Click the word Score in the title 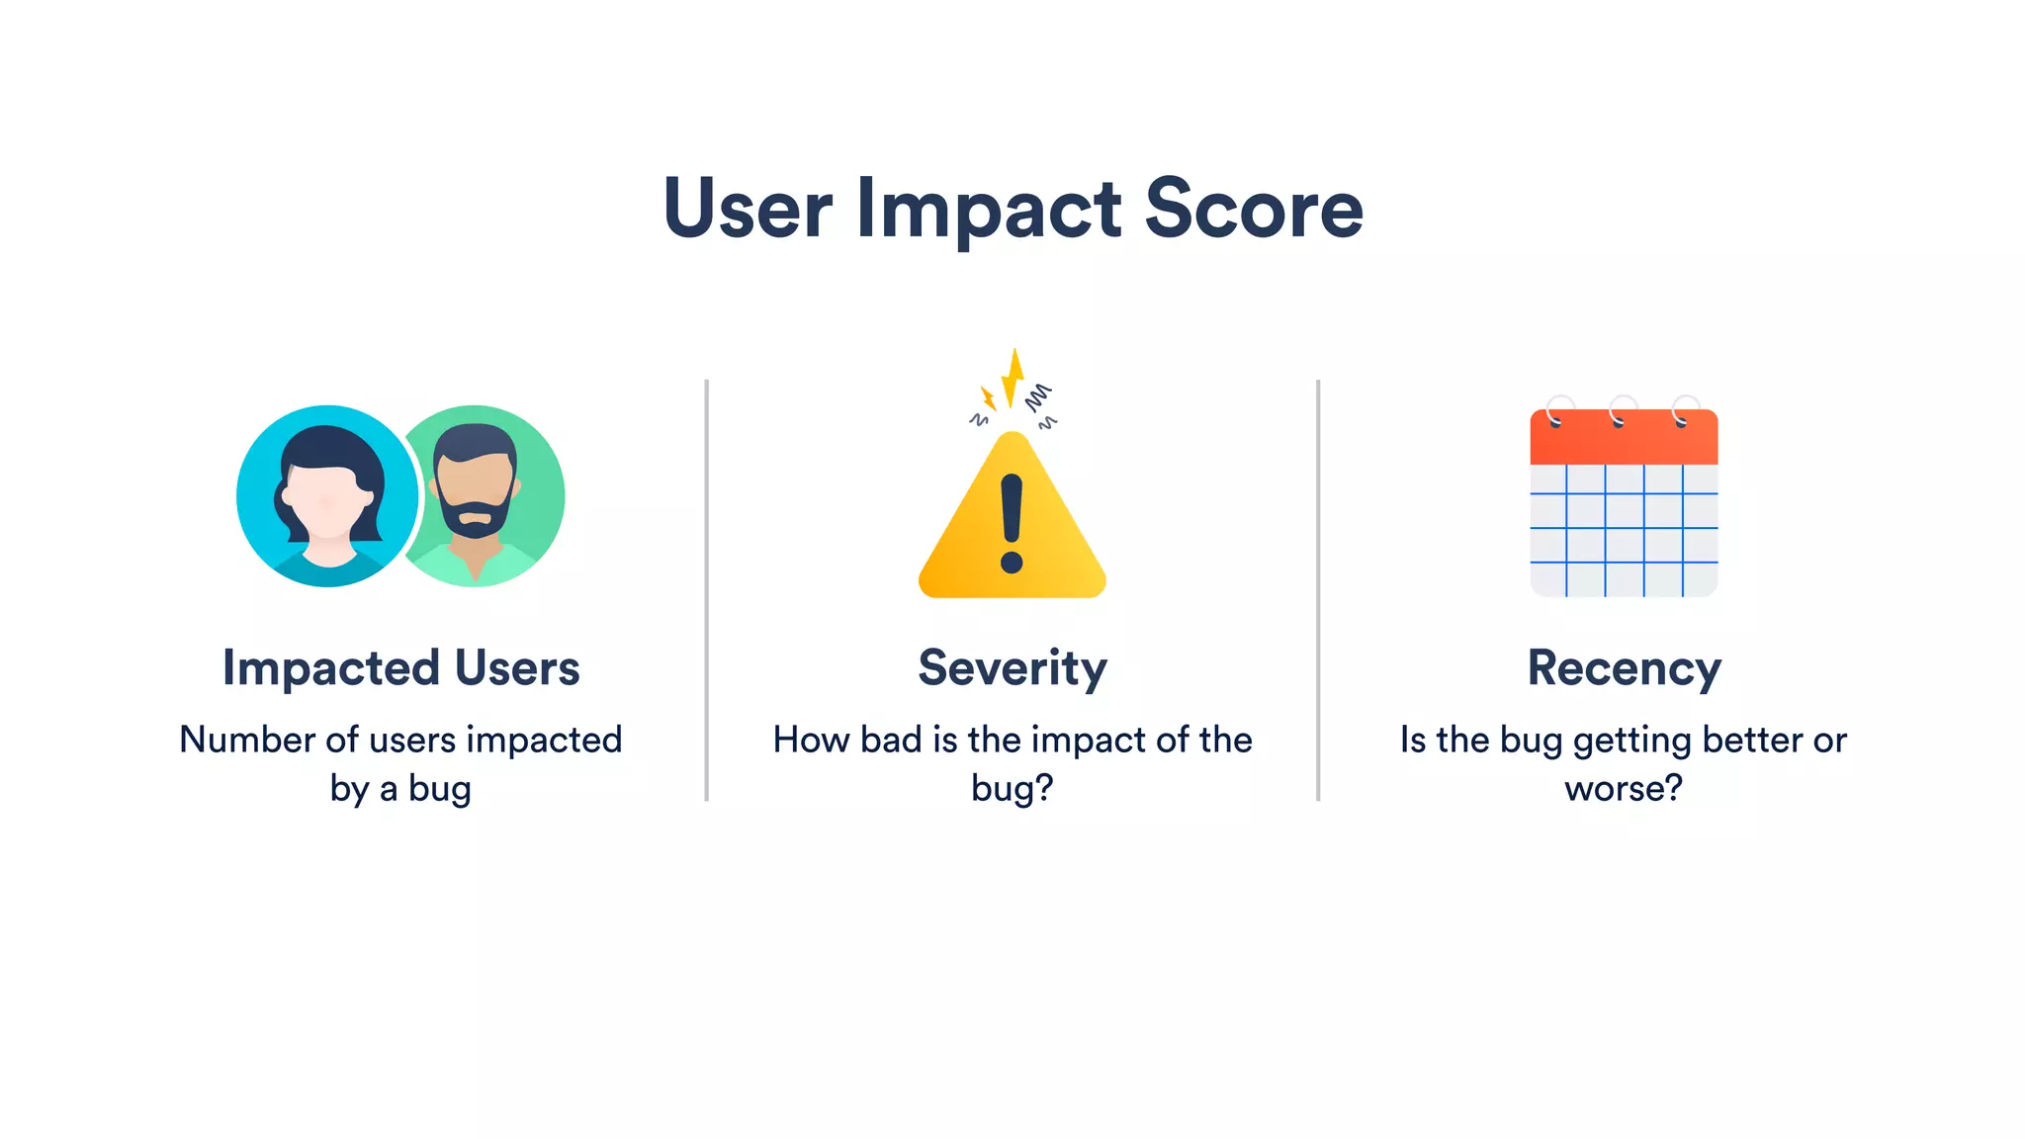(x=1254, y=209)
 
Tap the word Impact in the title (x=989, y=211)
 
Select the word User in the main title (x=748, y=209)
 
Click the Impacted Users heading (x=400, y=667)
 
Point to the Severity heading (x=1012, y=667)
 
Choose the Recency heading (x=1624, y=667)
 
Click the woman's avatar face (x=328, y=499)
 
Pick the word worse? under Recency (x=1624, y=788)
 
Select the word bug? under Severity (x=1012, y=789)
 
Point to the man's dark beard (x=477, y=519)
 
